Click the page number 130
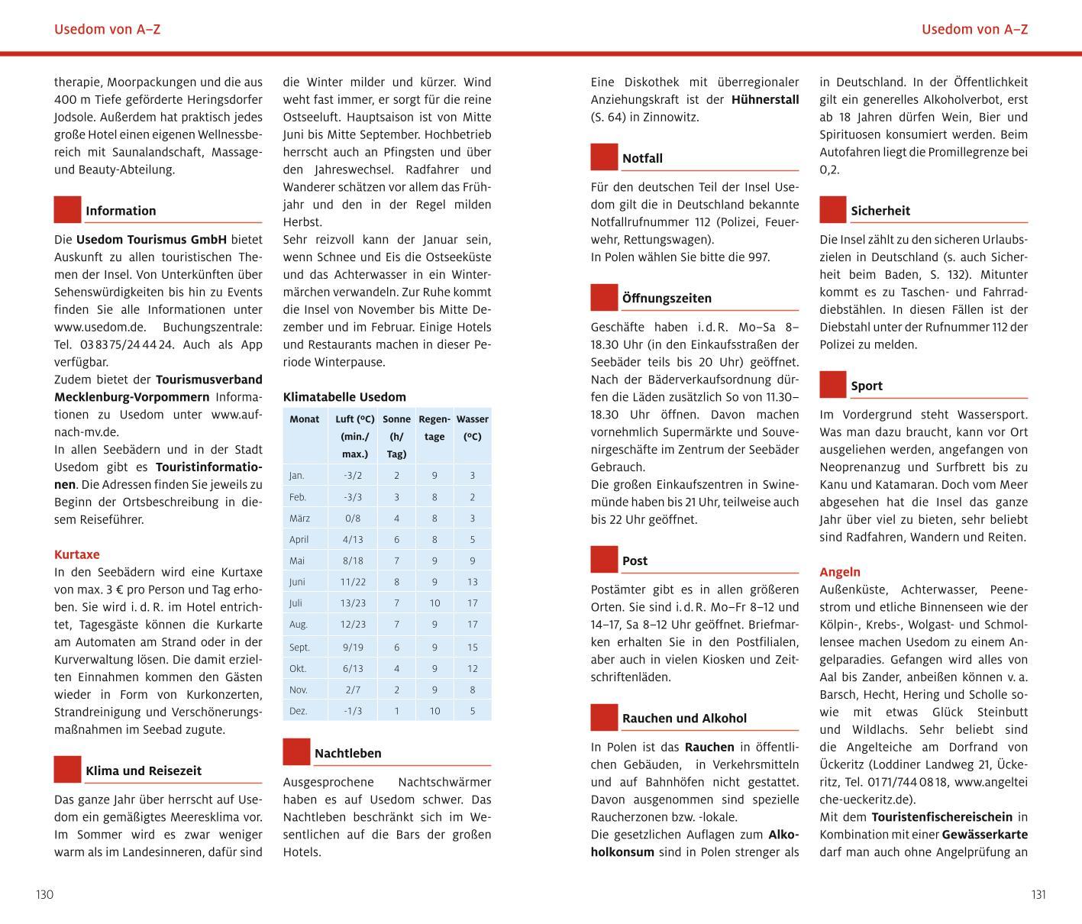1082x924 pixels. tap(45, 894)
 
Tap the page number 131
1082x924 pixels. tap(1038, 894)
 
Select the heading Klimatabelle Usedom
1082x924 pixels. tap(344, 397)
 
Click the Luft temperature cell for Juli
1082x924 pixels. tap(353, 603)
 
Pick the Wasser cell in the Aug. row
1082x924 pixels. tap(473, 625)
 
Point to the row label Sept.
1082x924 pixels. tap(299, 647)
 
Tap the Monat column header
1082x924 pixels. tap(305, 419)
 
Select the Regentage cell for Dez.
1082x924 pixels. tap(434, 711)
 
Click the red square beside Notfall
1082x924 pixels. tap(604, 157)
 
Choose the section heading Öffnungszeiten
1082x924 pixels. tap(667, 299)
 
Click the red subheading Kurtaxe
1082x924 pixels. tap(77, 554)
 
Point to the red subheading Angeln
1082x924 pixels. tap(840, 572)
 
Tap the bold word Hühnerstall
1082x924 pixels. tap(765, 99)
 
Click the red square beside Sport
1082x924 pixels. tap(833, 385)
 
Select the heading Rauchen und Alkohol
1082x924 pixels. tap(684, 719)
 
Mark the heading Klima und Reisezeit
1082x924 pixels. tap(144, 771)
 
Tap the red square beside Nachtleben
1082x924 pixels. tap(296, 752)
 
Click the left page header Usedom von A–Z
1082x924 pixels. tap(108, 30)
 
